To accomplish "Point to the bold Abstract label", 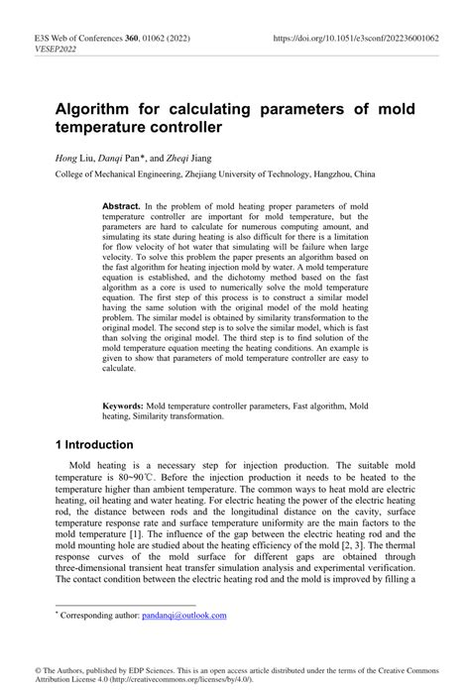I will [x=121, y=206].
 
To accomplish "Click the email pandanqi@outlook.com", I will [x=184, y=616].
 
